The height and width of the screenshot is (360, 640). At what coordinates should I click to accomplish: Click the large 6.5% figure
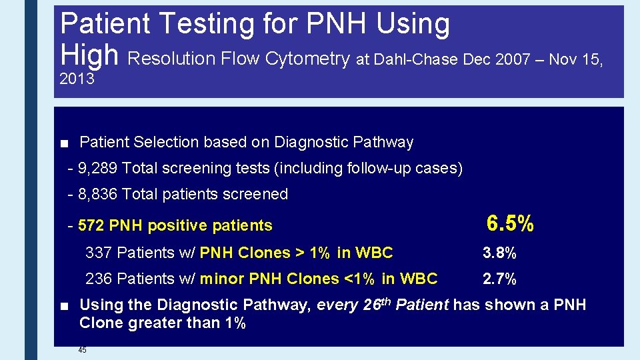(510, 224)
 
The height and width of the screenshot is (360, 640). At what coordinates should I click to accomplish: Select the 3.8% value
(499, 253)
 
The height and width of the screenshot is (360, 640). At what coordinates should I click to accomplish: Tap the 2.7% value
(499, 279)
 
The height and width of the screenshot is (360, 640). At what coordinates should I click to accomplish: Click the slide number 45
(82, 350)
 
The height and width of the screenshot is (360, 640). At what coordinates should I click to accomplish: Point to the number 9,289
(99, 168)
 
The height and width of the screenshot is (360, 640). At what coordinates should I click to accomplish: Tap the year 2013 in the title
(77, 79)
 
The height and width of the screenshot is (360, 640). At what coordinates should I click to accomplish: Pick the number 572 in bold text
(91, 226)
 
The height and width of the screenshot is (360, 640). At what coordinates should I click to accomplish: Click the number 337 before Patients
(98, 253)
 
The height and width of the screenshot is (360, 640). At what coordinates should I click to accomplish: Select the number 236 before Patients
(98, 279)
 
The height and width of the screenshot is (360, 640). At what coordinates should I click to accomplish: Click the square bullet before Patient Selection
(64, 143)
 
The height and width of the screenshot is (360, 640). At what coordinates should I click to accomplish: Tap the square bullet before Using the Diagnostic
(64, 306)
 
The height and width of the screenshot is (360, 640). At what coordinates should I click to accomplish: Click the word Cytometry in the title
(307, 59)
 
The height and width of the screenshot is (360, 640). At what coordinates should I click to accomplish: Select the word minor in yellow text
(222, 279)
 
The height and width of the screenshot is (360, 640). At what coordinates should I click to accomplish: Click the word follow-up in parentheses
(379, 168)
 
